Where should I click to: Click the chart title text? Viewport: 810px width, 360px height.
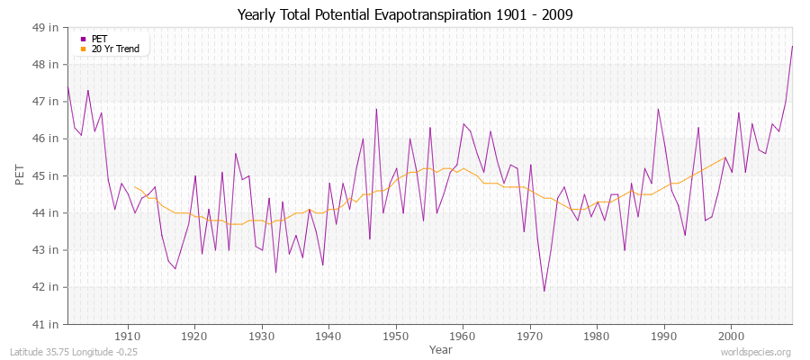[404, 14]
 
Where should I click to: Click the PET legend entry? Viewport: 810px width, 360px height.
[99, 39]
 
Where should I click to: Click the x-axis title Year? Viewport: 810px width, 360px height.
[441, 348]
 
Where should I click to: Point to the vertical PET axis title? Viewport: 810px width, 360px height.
[20, 175]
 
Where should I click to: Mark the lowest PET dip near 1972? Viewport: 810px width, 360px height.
[544, 291]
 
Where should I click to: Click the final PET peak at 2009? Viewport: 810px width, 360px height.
[792, 46]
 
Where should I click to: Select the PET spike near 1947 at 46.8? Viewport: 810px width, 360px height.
[376, 109]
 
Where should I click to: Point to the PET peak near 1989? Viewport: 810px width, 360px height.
[658, 109]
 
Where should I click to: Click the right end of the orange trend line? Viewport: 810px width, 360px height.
[725, 157]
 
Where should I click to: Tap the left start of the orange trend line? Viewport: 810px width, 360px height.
[135, 186]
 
